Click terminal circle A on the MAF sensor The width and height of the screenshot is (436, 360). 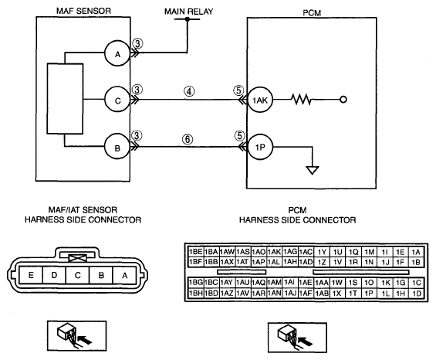click(x=117, y=53)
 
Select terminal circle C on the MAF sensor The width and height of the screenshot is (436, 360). click(x=117, y=100)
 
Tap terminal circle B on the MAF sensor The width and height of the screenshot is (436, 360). click(x=117, y=147)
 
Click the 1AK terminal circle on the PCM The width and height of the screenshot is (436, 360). click(x=260, y=100)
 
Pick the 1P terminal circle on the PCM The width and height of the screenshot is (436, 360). click(x=260, y=147)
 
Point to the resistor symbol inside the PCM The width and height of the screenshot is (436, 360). click(x=302, y=100)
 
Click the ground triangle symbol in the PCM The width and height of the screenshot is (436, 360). click(x=313, y=170)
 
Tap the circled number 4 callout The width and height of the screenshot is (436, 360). click(x=189, y=91)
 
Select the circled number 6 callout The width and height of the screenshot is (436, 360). click(x=188, y=139)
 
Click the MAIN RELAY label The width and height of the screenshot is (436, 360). click(x=188, y=12)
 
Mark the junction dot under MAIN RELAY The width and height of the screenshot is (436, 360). click(x=188, y=19)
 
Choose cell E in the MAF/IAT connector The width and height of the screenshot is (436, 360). click(x=31, y=275)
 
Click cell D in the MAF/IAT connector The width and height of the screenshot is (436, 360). click(x=54, y=275)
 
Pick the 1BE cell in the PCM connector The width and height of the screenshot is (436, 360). click(x=196, y=252)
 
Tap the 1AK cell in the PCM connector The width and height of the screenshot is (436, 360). click(x=274, y=252)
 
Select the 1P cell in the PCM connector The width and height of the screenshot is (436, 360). click(x=369, y=293)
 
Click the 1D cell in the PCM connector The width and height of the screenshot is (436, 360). click(x=417, y=293)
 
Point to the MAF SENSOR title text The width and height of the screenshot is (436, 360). click(x=83, y=11)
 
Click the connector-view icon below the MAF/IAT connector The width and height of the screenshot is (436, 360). click(x=76, y=336)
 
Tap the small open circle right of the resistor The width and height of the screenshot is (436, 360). click(x=343, y=100)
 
